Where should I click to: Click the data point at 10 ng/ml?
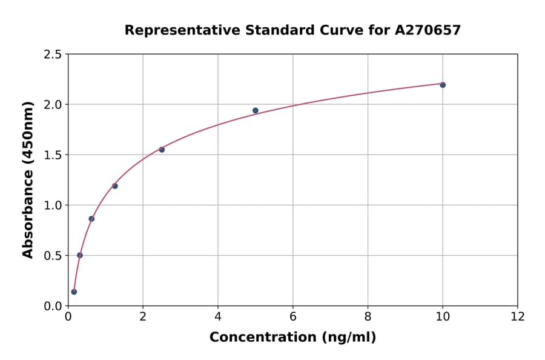click(x=443, y=85)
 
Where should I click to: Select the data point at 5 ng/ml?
click(x=256, y=110)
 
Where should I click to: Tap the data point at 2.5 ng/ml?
click(x=162, y=150)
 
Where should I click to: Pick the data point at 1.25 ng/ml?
click(x=115, y=186)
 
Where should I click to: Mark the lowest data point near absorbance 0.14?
click(x=74, y=292)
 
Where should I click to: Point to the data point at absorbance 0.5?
click(x=80, y=255)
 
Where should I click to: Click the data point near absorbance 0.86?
click(x=91, y=219)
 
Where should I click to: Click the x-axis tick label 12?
click(x=518, y=316)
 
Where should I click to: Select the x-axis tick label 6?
click(x=293, y=316)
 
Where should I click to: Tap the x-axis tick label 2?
click(x=143, y=316)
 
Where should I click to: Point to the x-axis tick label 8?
click(x=368, y=316)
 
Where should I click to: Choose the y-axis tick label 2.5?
click(x=53, y=55)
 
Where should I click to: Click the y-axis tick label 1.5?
click(x=53, y=155)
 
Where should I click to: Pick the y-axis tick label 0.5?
click(x=53, y=256)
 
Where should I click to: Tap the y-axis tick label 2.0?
click(x=53, y=105)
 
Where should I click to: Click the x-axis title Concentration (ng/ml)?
click(x=292, y=338)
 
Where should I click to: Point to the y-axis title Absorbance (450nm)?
click(x=28, y=179)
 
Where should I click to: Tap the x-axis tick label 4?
click(x=218, y=316)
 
